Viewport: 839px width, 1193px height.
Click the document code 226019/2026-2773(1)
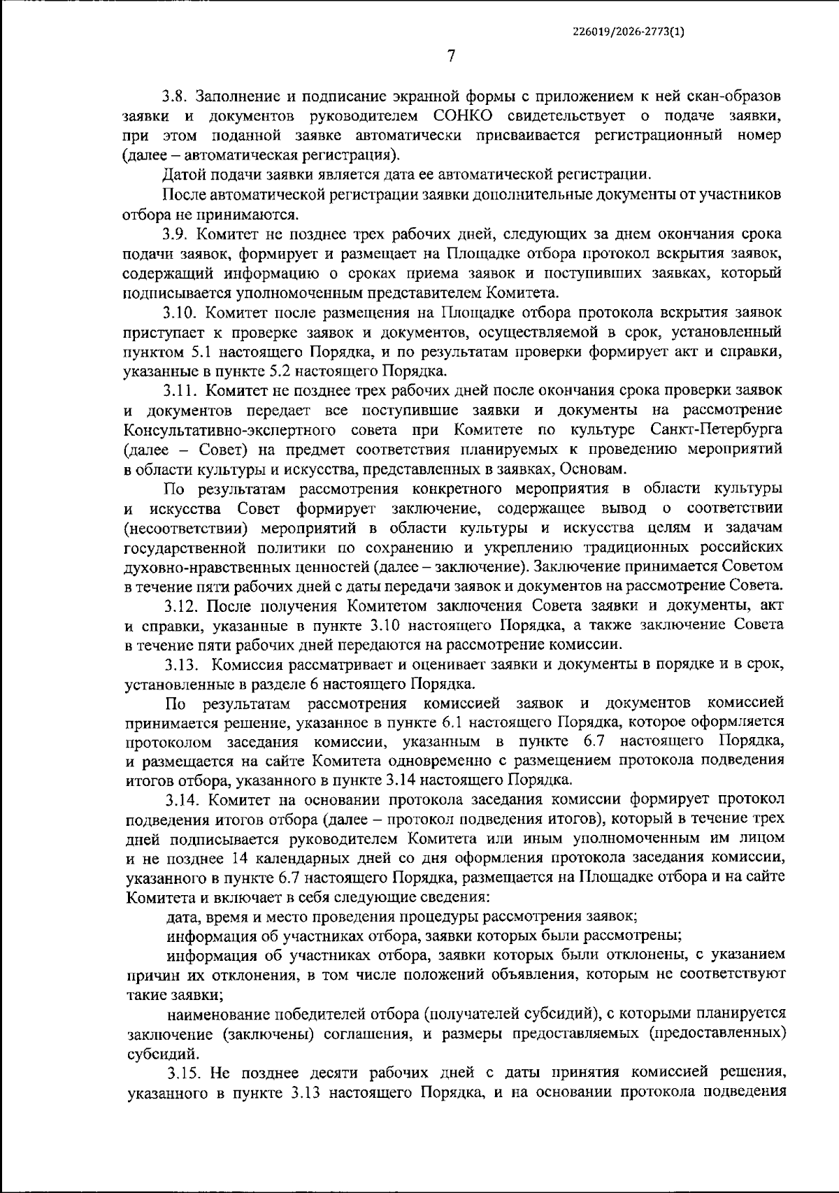point(628,31)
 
